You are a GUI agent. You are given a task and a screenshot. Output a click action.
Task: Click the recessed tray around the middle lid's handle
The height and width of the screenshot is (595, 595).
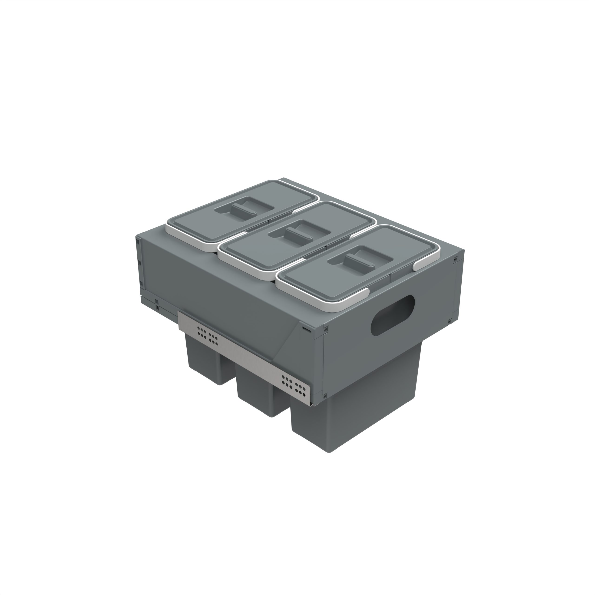[x=311, y=229]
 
